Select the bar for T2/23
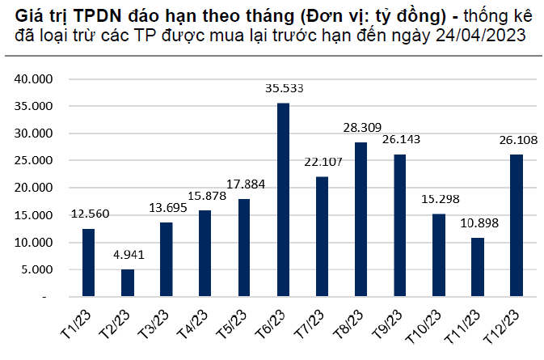[128, 283]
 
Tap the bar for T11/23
[478, 267]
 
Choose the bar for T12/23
[516, 226]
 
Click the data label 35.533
[283, 88]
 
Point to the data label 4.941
[128, 255]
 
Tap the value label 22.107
[322, 162]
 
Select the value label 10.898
[478, 223]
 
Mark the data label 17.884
[244, 184]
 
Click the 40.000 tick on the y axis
[34, 79]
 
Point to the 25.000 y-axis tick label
[34, 161]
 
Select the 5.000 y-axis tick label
[37, 270]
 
